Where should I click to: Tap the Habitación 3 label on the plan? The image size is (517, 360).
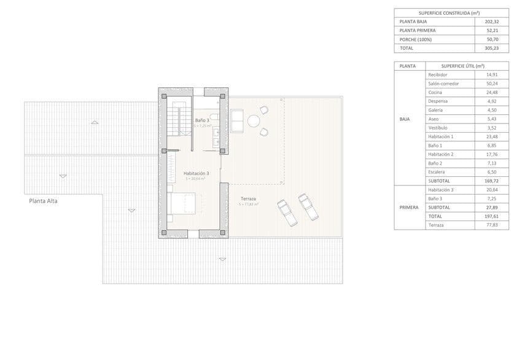tap(196, 173)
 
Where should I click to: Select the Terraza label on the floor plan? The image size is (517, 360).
tap(248, 198)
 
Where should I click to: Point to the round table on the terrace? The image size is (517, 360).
tap(254, 121)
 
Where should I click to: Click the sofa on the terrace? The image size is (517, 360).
tap(237, 120)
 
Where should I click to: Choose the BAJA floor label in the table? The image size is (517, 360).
tap(405, 119)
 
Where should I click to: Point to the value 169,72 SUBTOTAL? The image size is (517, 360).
tap(492, 181)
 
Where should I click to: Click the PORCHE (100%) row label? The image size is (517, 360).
tap(416, 39)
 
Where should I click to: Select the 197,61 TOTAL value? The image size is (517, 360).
tap(492, 216)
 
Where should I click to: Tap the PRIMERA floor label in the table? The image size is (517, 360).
tap(408, 208)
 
